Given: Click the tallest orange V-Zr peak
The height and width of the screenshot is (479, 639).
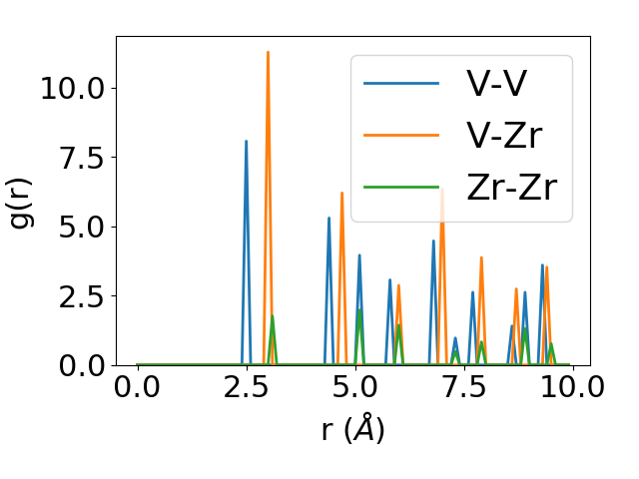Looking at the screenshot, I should (x=268, y=53).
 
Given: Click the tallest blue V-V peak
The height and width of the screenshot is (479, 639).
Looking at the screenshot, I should (x=246, y=142).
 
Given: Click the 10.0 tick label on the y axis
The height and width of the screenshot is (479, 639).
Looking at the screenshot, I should (x=72, y=88).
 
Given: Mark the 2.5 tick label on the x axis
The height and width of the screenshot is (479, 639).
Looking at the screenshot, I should (x=246, y=389).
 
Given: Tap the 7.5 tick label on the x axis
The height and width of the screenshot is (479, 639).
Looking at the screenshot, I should (x=462, y=389).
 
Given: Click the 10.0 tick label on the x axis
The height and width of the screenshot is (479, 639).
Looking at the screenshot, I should (x=570, y=389).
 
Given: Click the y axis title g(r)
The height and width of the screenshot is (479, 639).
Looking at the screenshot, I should (x=22, y=203).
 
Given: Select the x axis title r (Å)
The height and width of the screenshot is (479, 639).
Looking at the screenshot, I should (x=353, y=430).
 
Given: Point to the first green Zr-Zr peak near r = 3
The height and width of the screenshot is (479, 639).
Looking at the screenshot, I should (x=273, y=317).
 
